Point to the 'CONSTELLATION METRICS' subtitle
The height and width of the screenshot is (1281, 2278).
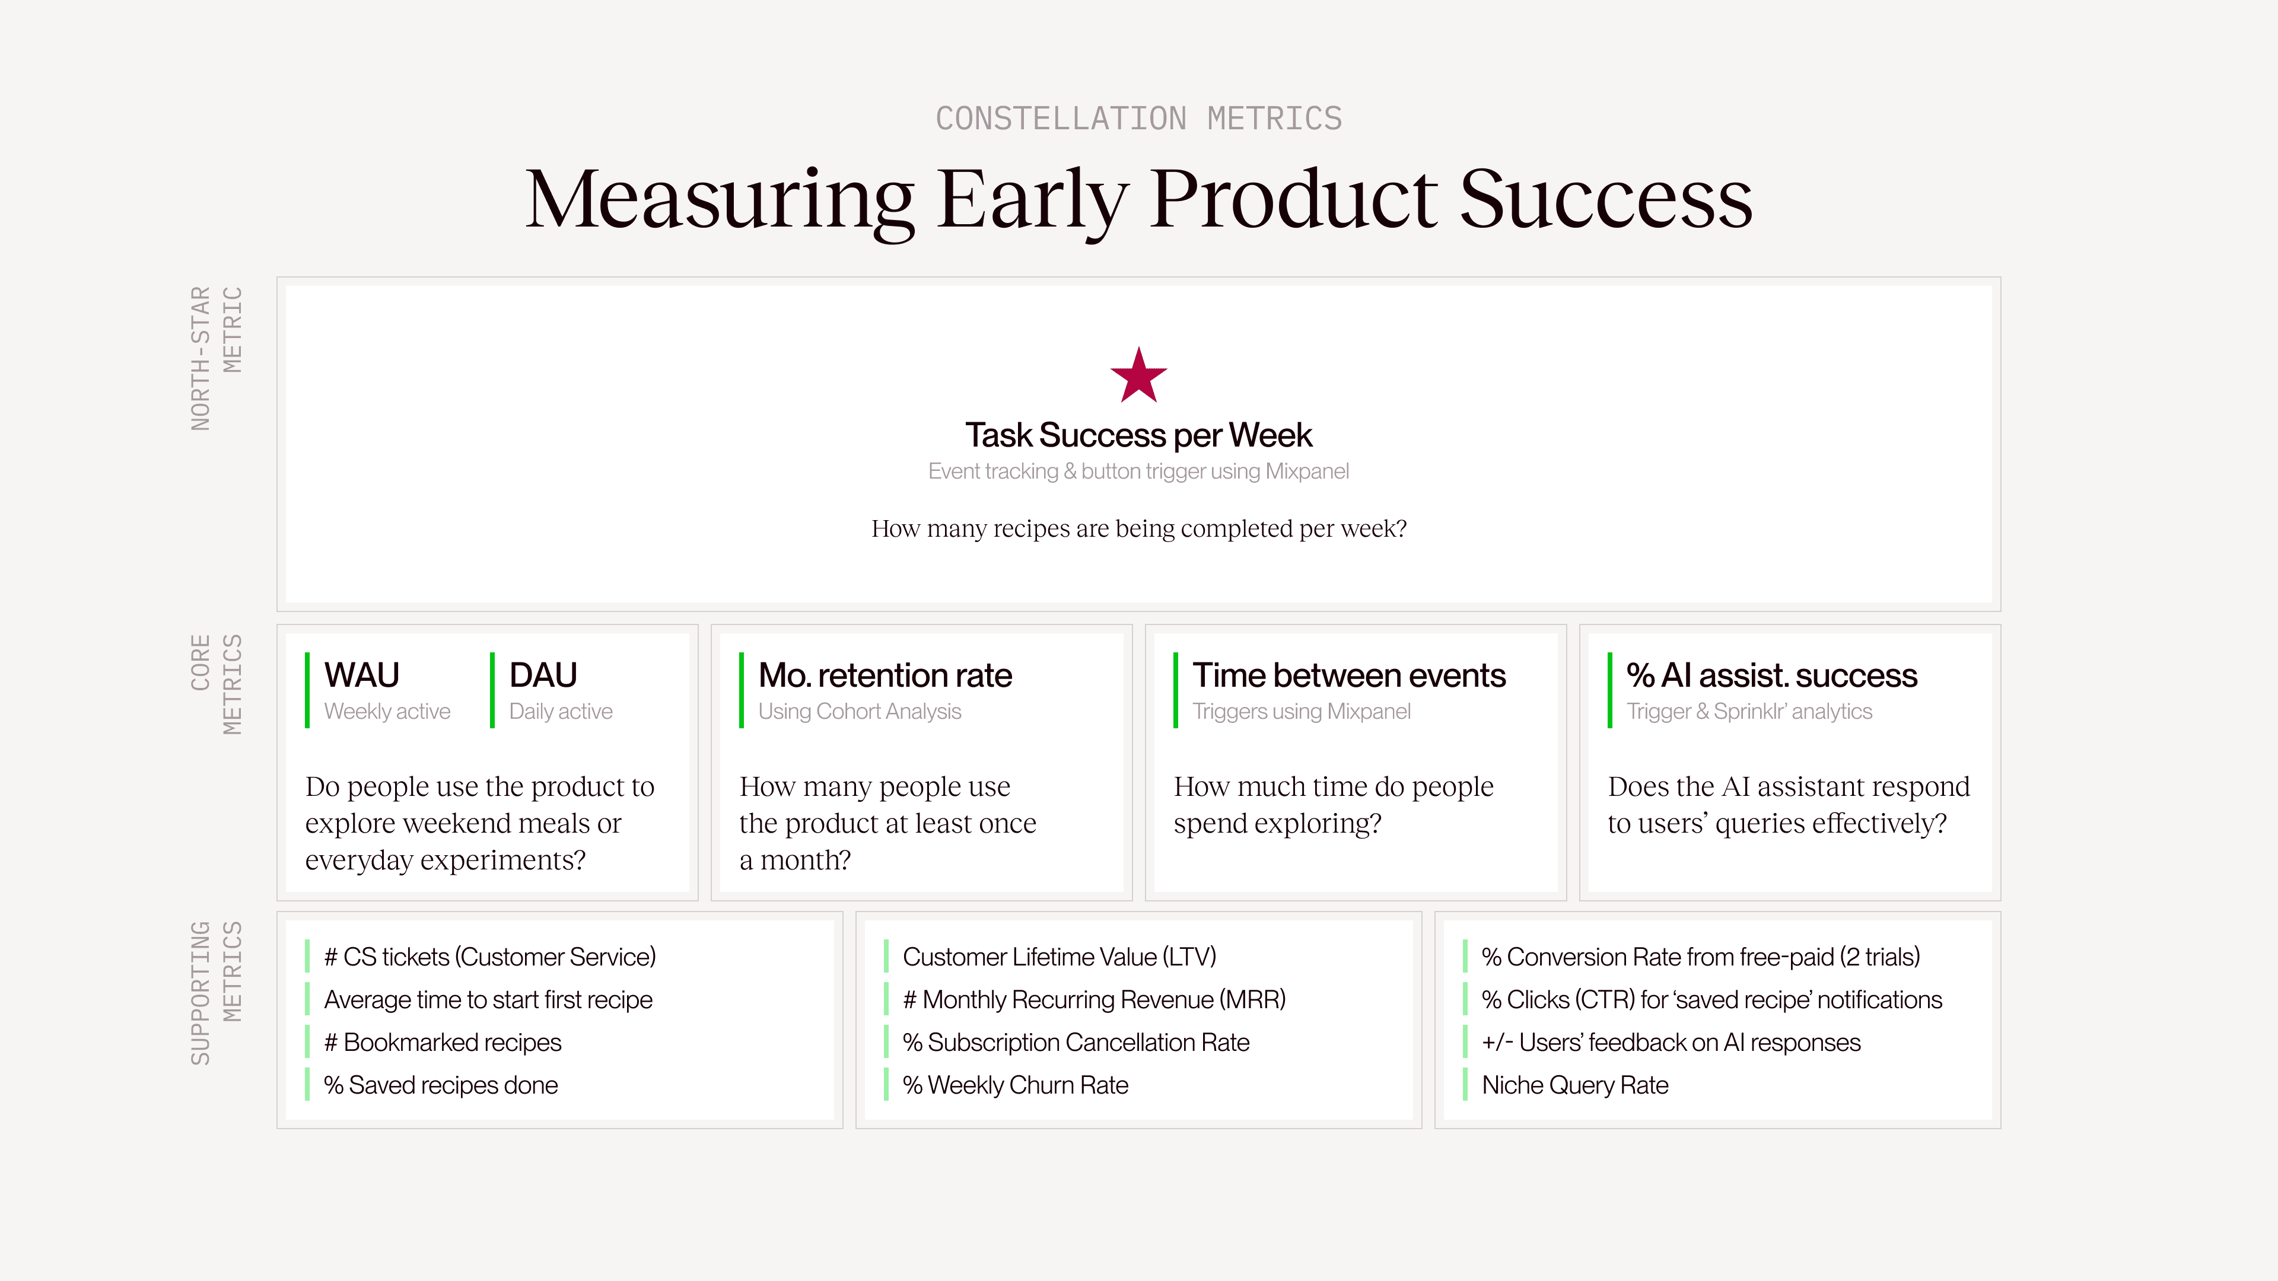click(x=1138, y=119)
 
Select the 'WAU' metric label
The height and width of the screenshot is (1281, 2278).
click(x=362, y=675)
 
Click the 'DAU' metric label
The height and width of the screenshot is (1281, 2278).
click(x=543, y=675)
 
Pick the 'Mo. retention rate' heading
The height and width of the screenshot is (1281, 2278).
click(x=885, y=675)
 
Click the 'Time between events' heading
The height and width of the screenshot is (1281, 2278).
click(x=1348, y=675)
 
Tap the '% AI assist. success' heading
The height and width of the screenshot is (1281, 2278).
click(x=1771, y=675)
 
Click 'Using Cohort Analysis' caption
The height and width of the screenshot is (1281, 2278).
click(x=860, y=712)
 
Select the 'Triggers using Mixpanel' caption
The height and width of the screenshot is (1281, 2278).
click(x=1301, y=712)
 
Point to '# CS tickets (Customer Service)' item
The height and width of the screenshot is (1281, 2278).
click(x=490, y=957)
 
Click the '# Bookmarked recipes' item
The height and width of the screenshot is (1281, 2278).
click(x=442, y=1043)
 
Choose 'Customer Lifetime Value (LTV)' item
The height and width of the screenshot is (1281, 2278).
click(x=1060, y=957)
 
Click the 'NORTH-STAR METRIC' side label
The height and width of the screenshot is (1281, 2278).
click(x=216, y=358)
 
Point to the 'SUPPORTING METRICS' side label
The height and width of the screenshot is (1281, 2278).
click(x=216, y=993)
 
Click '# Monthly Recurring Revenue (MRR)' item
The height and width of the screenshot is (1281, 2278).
click(x=1094, y=1000)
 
